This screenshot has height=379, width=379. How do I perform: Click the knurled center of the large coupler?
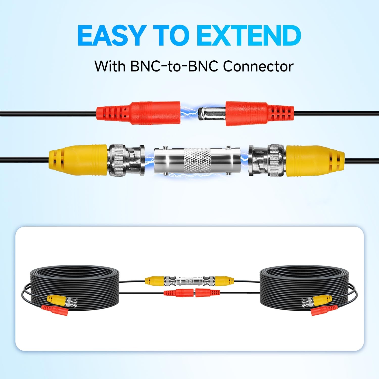pyautogui.click(x=197, y=161)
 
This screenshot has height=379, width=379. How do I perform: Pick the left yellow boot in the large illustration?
pyautogui.click(x=78, y=160)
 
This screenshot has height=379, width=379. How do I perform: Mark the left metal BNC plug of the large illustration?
pyautogui.click(x=126, y=160)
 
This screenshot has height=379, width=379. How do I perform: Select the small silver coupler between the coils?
pyautogui.click(x=190, y=280)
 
